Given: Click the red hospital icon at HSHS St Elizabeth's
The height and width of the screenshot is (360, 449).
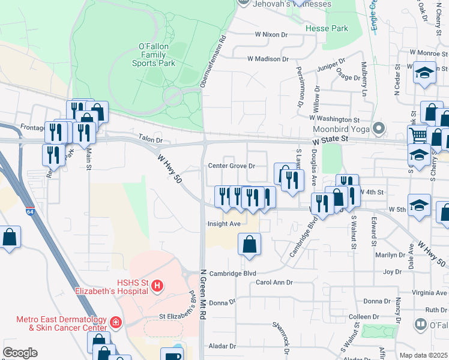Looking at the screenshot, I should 157,286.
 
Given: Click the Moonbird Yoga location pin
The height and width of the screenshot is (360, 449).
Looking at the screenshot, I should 378,128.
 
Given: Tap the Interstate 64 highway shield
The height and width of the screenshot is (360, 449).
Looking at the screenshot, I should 30,211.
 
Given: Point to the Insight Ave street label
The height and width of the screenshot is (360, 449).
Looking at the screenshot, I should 224,224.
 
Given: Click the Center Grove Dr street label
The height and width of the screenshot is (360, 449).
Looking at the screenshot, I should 232,166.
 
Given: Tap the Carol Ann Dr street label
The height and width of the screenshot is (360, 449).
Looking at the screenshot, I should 274,282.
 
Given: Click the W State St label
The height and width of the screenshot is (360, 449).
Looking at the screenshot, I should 330,140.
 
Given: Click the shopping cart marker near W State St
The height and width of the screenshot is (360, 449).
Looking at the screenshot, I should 418,135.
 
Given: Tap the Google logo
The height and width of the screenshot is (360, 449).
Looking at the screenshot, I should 20,353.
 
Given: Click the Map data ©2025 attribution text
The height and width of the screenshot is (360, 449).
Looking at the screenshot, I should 423,355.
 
